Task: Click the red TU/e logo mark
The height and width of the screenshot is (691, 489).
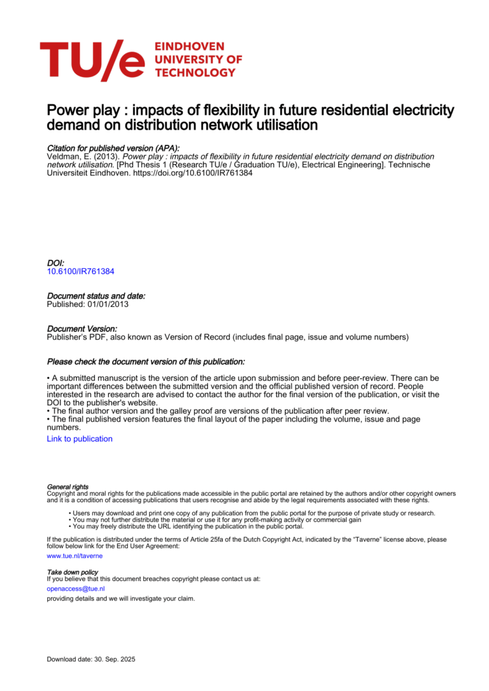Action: pos(92,60)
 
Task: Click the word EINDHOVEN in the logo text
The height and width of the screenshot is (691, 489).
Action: pos(181,47)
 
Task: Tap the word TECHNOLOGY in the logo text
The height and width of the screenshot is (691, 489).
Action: pos(195,72)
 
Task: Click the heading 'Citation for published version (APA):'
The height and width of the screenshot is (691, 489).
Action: pos(113,147)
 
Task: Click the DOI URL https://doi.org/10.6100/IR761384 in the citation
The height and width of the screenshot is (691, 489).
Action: pos(192,173)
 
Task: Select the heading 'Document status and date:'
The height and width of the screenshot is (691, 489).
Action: pos(96,296)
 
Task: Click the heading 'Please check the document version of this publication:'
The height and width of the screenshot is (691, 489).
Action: pos(146,362)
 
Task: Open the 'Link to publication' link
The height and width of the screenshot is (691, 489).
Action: pos(80,439)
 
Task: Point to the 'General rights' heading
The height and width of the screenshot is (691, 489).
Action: pos(67,487)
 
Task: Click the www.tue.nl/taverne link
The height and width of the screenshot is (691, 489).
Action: pos(74,556)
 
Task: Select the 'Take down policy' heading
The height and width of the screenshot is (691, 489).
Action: pos(73,572)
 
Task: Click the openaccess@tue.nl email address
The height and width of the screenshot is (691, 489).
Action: pos(76,589)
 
